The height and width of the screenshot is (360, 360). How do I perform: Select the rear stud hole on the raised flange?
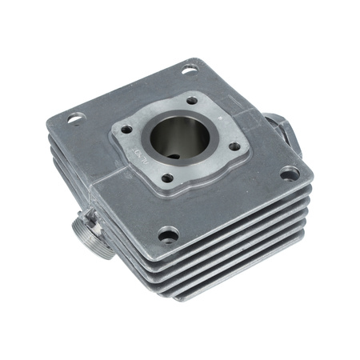192,101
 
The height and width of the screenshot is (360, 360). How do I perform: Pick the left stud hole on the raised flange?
126,129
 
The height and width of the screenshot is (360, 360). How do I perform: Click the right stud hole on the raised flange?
234,146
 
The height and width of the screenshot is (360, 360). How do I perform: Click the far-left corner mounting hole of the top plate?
75,118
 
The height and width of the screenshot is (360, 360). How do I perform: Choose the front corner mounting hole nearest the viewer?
168,234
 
